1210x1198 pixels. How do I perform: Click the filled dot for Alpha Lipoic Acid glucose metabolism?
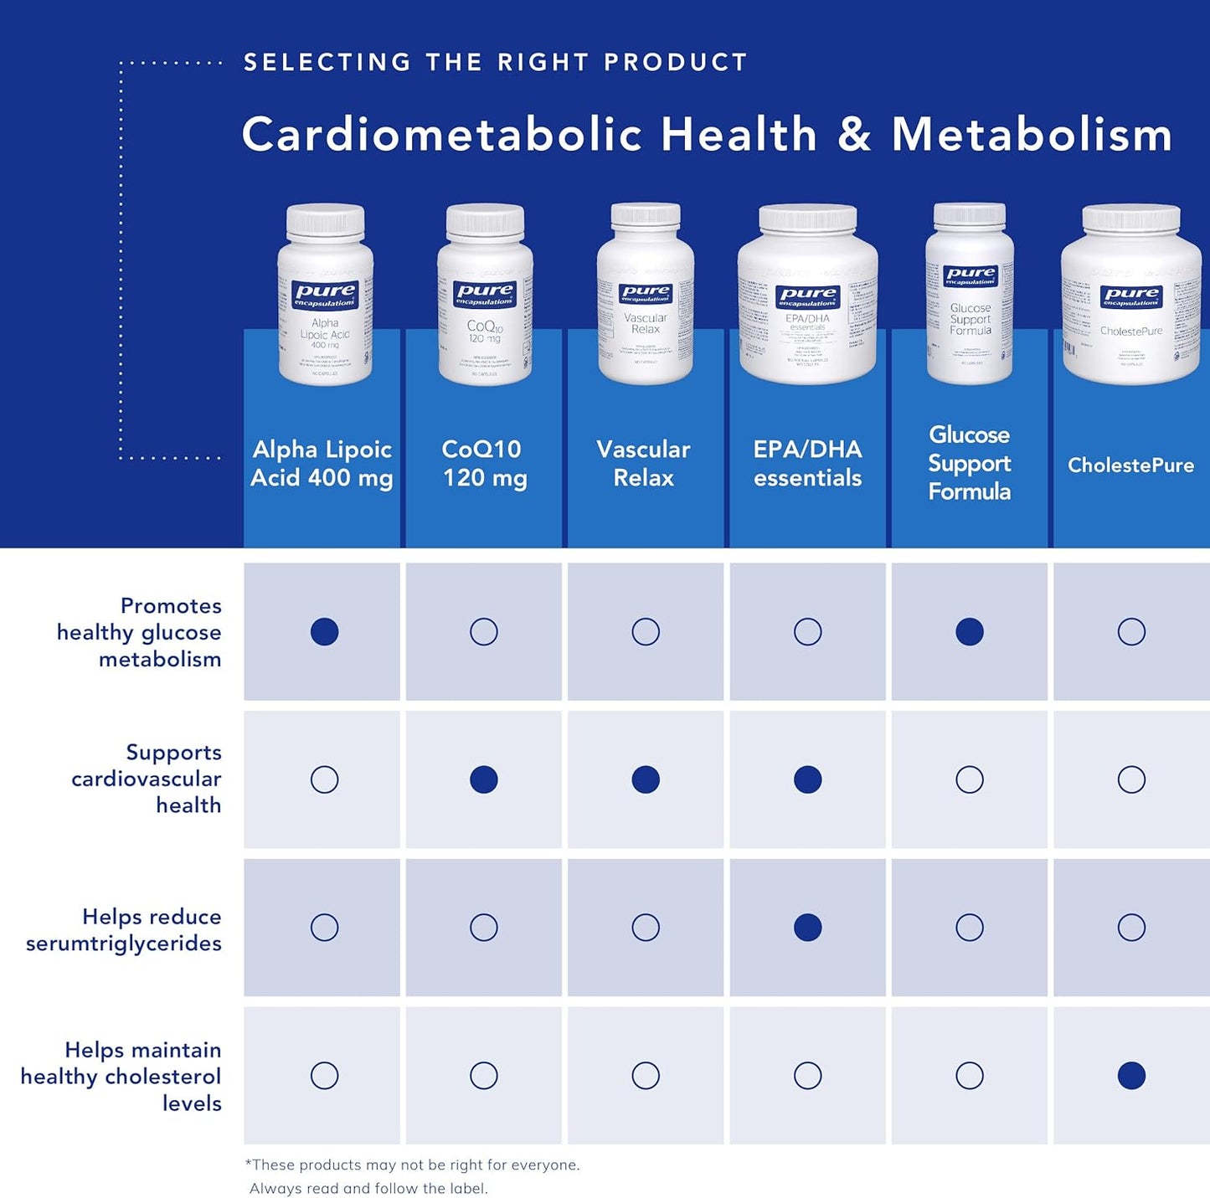tap(324, 631)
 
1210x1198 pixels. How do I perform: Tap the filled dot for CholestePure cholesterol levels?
tap(1130, 1075)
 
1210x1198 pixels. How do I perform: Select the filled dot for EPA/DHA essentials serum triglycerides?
tap(807, 927)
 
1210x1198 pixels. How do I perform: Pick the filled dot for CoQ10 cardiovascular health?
tap(483, 779)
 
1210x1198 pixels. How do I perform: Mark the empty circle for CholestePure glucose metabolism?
tap(1130, 631)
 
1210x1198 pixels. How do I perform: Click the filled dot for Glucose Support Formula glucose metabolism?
tap(969, 631)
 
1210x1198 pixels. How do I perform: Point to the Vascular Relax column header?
tap(643, 463)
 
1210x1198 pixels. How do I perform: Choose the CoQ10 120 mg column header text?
tap(484, 463)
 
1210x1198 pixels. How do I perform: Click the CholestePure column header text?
tap(1130, 465)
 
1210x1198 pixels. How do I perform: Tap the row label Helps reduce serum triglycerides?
tap(124, 929)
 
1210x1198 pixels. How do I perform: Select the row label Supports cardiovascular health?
tap(147, 779)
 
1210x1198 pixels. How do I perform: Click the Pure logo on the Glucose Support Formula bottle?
tap(970, 275)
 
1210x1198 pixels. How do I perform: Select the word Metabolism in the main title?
tap(1032, 136)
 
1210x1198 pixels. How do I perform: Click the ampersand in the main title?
tap(853, 136)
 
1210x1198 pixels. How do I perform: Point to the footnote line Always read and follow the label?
tap(368, 1188)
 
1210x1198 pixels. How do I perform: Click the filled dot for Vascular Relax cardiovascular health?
tap(645, 779)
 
